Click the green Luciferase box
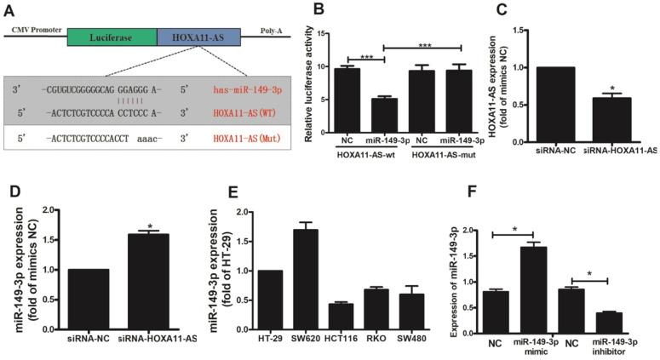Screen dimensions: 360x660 112,36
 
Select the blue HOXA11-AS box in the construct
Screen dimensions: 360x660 198,36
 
